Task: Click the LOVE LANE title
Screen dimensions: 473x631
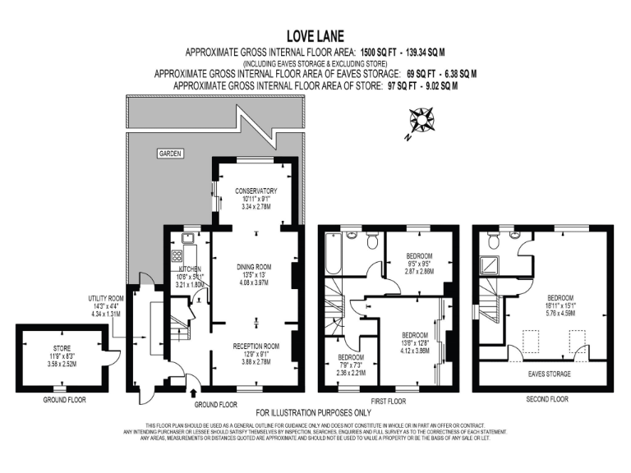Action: (315, 36)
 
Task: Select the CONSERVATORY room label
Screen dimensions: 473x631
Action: (256, 191)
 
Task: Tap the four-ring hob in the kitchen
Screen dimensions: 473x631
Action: (177, 256)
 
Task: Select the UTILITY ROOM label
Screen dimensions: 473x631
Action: (106, 298)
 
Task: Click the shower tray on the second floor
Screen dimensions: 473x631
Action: (491, 264)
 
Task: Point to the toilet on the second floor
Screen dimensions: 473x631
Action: (494, 240)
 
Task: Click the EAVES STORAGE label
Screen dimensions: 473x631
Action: (548, 374)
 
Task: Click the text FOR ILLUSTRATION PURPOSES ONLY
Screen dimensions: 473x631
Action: (315, 411)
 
